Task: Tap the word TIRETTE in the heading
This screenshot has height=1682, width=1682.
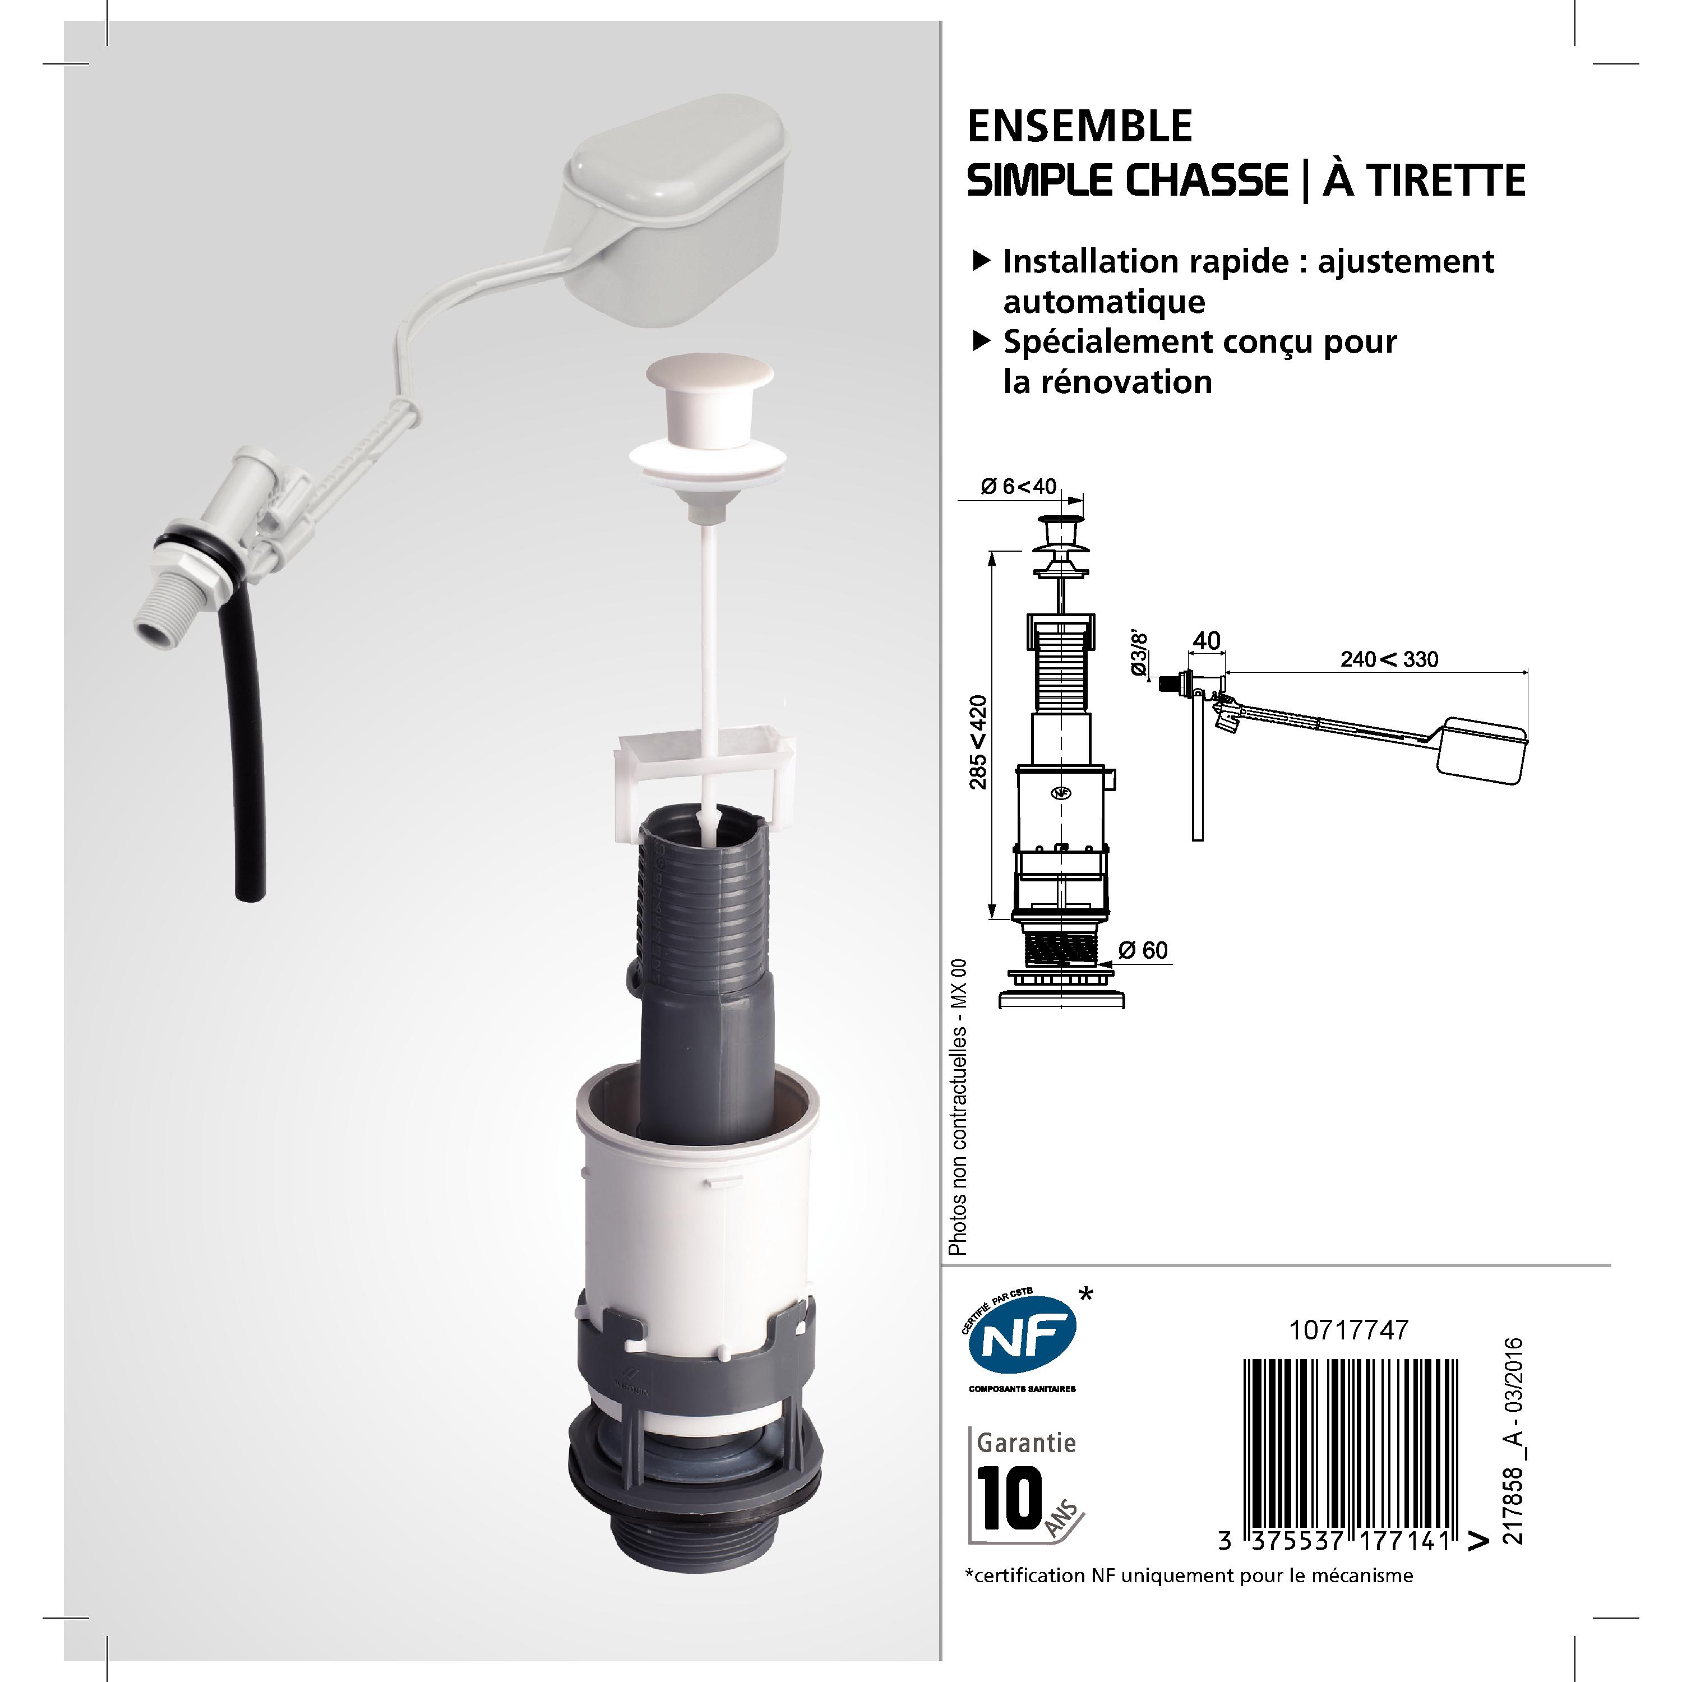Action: click(x=1424, y=181)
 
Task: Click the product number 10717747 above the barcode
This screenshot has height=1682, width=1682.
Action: click(x=1348, y=1330)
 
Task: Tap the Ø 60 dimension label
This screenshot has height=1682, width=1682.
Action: click(x=1143, y=950)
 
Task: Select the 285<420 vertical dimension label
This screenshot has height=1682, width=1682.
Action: click(x=979, y=742)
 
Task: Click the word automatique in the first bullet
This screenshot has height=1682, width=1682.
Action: click(x=1104, y=302)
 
